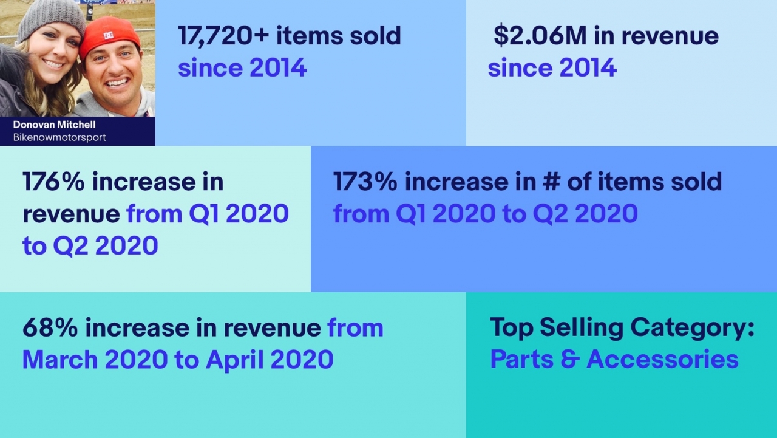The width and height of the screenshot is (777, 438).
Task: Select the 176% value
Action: [x=53, y=182]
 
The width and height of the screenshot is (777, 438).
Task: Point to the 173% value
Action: [x=364, y=182]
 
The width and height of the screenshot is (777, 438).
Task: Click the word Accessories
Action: [x=662, y=359]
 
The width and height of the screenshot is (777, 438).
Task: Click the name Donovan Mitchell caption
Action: [x=55, y=125]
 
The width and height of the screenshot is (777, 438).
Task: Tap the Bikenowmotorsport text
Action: [x=59, y=137]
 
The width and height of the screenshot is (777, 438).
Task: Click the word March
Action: [x=59, y=359]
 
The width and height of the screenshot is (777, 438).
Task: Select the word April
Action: [x=234, y=359]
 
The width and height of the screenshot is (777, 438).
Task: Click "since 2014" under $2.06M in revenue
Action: [x=552, y=67]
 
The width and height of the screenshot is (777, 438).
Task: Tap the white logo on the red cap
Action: [x=109, y=35]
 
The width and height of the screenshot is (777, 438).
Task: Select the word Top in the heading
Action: [x=512, y=328]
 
